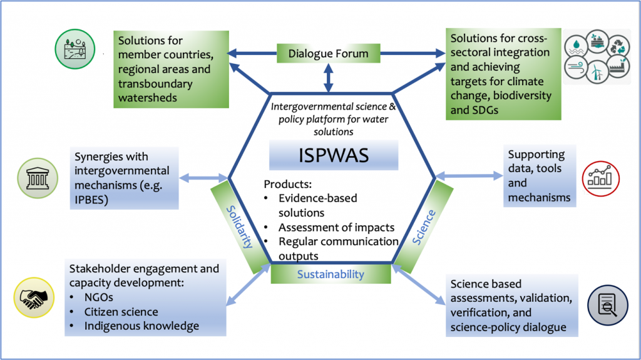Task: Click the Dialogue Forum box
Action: [328, 53]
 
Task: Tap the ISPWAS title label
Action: [334, 155]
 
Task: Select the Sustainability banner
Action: [331, 274]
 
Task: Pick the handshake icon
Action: [34, 298]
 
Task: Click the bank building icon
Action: [38, 178]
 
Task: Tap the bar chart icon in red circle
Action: [600, 178]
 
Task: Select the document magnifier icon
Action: [607, 305]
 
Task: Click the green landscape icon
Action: [75, 49]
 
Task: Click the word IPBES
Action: [91, 200]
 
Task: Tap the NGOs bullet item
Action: [98, 297]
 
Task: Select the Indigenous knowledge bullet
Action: [141, 326]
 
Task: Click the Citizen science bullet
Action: [121, 312]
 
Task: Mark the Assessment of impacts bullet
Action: [336, 227]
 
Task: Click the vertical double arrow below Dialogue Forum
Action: [328, 78]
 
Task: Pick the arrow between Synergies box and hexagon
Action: [203, 178]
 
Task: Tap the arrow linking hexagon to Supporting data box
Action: [469, 176]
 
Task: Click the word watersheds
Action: [148, 98]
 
